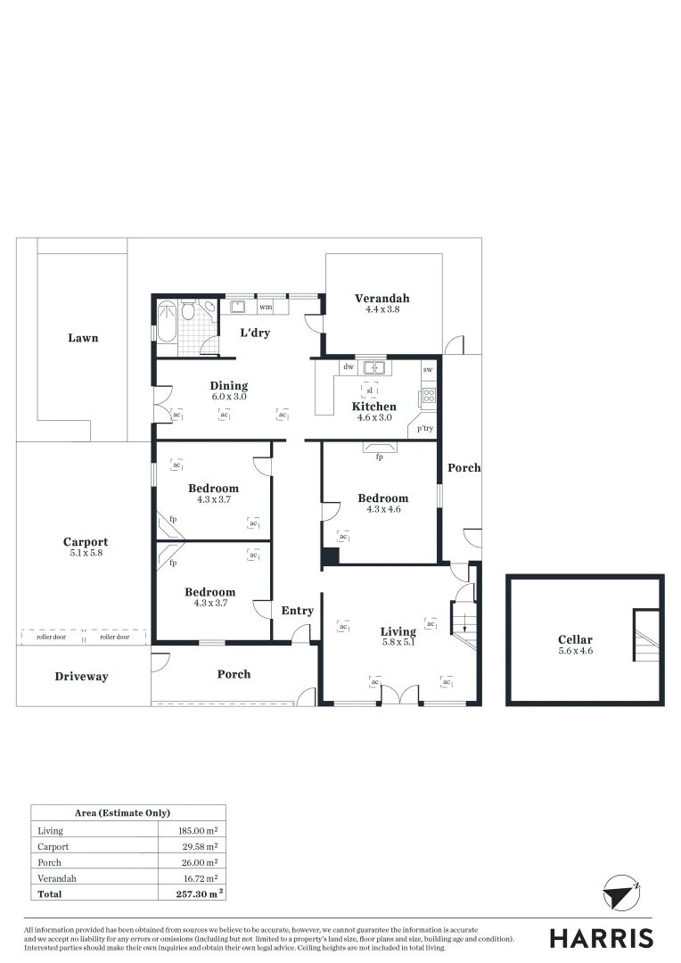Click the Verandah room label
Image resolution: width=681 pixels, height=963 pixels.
[x=382, y=299]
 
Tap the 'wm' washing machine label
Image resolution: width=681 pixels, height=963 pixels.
[x=266, y=308]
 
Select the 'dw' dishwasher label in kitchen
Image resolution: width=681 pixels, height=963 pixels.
[x=348, y=366]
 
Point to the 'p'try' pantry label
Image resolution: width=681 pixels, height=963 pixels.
[x=425, y=429]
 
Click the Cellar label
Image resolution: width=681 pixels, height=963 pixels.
[x=575, y=639]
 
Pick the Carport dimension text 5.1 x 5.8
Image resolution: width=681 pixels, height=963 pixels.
[x=86, y=554]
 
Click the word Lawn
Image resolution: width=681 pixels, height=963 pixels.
[x=83, y=339]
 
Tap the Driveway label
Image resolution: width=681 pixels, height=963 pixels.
[x=81, y=677]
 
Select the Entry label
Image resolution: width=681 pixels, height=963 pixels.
[x=297, y=611]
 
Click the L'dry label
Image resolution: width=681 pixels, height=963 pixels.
[x=255, y=333]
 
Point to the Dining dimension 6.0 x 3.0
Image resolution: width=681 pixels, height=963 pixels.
[x=229, y=397]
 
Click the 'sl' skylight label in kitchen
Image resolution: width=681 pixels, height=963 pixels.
[x=369, y=390]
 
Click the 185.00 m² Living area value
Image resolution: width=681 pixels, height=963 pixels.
[x=199, y=831]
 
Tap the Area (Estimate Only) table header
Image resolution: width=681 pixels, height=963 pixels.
[x=128, y=813]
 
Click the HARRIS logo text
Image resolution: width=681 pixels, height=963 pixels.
[x=601, y=938]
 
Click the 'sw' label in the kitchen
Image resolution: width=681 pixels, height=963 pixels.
[x=428, y=369]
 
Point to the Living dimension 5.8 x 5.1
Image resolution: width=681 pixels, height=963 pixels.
[x=398, y=643]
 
